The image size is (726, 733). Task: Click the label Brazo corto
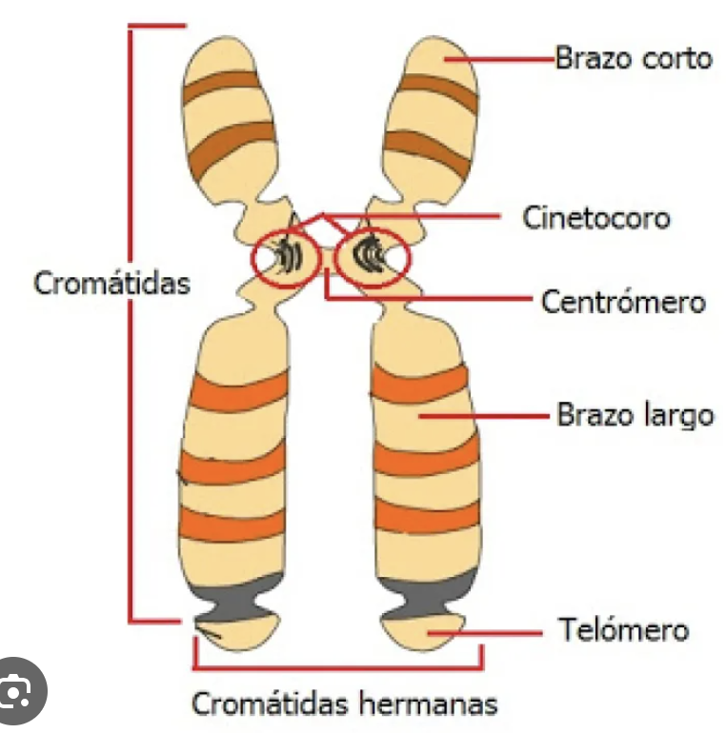pos(634,58)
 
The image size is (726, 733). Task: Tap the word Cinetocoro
pos(595,217)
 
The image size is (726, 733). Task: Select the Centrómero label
pos(623,302)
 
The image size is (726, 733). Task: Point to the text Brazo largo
pos(635,415)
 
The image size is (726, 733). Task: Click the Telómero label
pos(622,630)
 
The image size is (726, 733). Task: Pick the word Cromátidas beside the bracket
pos(111,283)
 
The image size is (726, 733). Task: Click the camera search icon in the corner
pos(16,692)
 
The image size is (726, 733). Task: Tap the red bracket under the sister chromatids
pos(337,667)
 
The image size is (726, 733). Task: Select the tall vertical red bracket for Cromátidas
pos(131,324)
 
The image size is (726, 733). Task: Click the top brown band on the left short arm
pos(221,89)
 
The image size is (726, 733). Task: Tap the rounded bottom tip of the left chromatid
pos(236,633)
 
